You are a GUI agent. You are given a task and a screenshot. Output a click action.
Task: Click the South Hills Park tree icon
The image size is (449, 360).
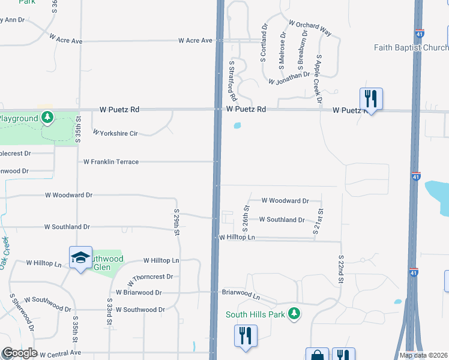[x=294, y=314]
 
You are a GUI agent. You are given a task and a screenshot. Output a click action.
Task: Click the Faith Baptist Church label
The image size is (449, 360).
[x=411, y=47]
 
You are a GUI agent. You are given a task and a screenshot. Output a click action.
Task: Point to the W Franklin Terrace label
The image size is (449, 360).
[x=111, y=162]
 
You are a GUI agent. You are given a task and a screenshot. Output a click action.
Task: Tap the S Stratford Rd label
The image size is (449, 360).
[x=232, y=80]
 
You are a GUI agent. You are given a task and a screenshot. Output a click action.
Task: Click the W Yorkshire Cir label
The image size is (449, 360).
[x=115, y=133]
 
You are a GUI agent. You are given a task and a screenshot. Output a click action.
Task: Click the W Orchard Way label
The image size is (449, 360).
[x=310, y=28]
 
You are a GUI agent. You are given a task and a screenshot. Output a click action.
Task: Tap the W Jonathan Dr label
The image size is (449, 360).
[x=289, y=78]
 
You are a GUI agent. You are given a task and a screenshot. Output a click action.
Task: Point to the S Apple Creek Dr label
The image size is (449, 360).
[x=319, y=79]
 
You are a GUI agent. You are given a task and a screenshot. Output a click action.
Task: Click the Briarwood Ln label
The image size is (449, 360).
[x=241, y=295]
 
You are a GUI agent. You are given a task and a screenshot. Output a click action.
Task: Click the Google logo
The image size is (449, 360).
[x=20, y=353]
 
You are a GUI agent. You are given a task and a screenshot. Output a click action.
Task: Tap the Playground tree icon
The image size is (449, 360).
[x=47, y=118]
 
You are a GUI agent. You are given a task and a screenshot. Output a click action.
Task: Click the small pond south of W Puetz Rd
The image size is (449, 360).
[x=238, y=126]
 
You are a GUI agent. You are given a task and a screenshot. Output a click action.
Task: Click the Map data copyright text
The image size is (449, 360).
[x=423, y=355]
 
